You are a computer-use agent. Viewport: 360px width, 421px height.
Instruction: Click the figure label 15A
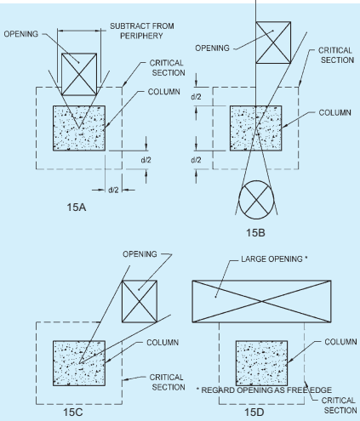click(77, 208)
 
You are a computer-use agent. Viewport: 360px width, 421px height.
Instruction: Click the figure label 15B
click(255, 233)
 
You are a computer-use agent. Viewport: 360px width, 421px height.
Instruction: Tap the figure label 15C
click(73, 412)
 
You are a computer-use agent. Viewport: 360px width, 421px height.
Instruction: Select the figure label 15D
click(254, 412)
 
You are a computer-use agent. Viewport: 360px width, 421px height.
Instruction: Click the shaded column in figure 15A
click(79, 128)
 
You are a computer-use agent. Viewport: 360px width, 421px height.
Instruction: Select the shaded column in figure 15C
click(79, 363)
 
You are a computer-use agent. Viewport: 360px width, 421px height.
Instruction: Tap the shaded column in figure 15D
click(261, 363)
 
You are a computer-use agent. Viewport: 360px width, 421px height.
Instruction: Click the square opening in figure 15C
click(140, 301)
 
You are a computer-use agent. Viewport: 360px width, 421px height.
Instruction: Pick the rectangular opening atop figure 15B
click(273, 43)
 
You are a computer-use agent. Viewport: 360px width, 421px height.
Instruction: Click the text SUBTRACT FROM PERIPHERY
click(142, 31)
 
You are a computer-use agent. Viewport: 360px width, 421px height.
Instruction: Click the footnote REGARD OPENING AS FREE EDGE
click(266, 390)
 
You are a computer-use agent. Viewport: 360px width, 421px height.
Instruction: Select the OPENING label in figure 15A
click(21, 34)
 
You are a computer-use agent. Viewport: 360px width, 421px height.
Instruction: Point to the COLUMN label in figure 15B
click(334, 112)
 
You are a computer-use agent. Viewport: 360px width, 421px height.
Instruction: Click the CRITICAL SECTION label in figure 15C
click(168, 382)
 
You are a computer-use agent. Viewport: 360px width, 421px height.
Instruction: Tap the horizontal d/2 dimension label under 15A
click(113, 190)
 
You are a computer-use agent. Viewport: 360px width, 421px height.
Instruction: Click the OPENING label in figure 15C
click(140, 254)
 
